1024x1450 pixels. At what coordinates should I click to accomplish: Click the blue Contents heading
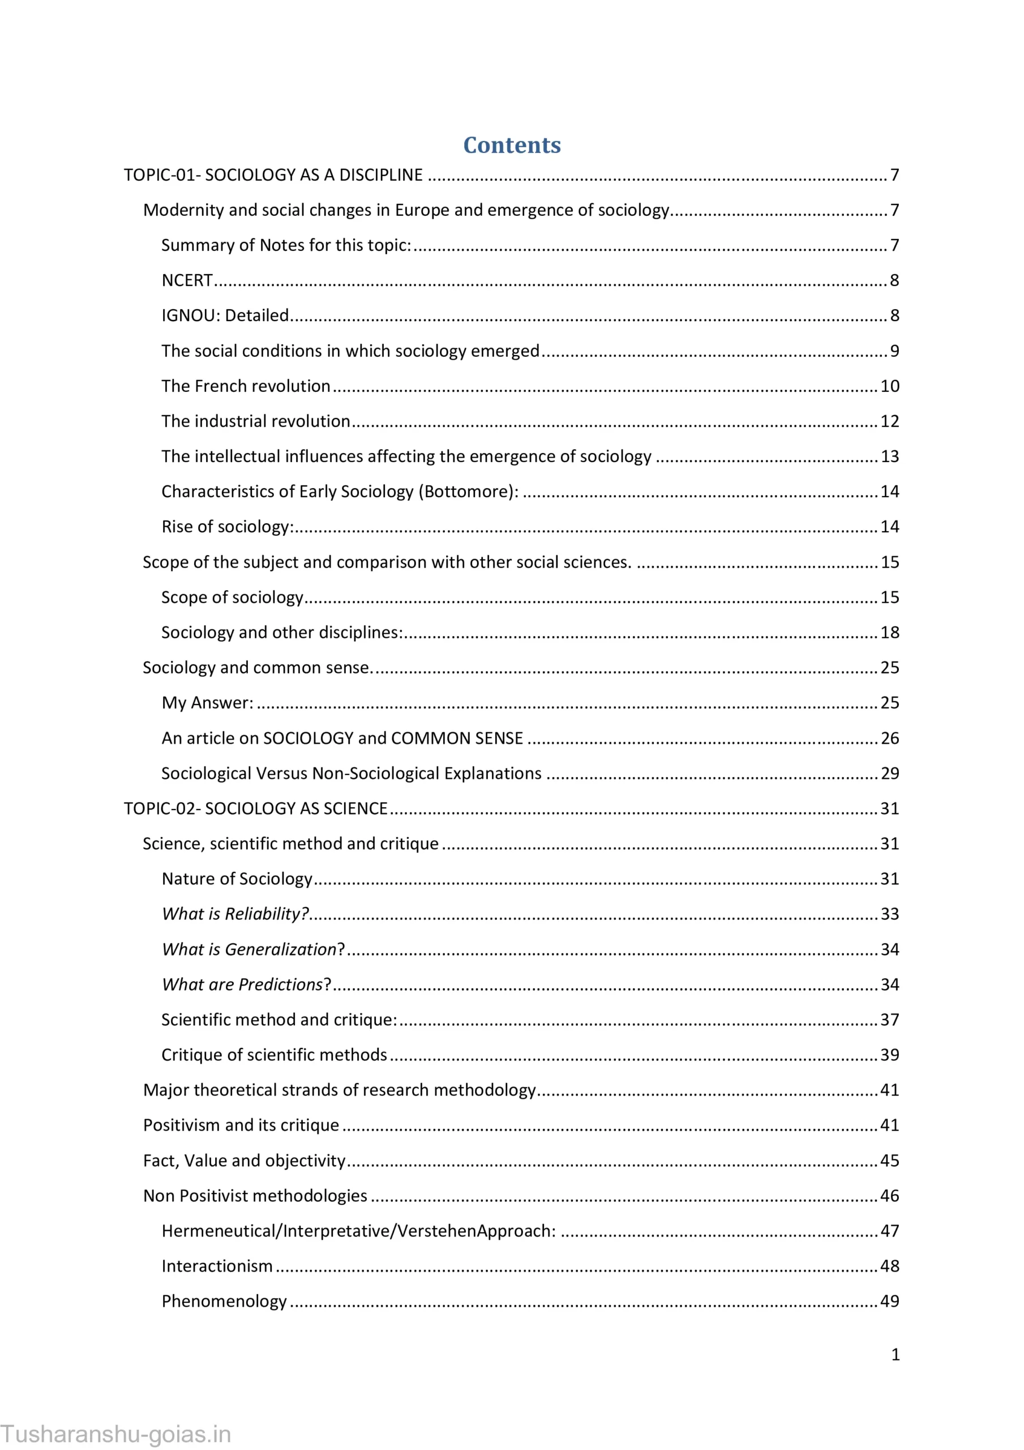point(511,145)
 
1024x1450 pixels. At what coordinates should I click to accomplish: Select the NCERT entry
point(187,280)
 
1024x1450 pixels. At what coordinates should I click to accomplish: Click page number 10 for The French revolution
point(889,386)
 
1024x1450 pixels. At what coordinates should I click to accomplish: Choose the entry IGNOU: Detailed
point(225,315)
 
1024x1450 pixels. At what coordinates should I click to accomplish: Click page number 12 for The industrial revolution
point(889,421)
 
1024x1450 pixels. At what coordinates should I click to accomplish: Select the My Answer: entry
point(207,703)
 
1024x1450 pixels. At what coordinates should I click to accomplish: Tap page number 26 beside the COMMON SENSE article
point(889,738)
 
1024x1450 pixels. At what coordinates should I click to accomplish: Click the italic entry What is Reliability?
point(235,914)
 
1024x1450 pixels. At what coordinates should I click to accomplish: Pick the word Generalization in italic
point(280,949)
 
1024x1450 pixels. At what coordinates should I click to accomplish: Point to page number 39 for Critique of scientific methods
point(889,1055)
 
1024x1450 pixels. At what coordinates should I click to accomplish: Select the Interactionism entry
point(217,1266)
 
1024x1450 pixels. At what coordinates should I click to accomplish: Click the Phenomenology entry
point(224,1302)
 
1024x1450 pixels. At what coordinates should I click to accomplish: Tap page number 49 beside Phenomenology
point(889,1302)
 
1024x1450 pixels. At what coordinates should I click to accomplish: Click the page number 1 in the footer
point(895,1355)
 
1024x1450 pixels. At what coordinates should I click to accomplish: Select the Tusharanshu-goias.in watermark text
point(115,1434)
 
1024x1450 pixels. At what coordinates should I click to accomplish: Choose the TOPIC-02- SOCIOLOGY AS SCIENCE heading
point(255,808)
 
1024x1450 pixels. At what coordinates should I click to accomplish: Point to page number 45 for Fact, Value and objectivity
point(889,1161)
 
